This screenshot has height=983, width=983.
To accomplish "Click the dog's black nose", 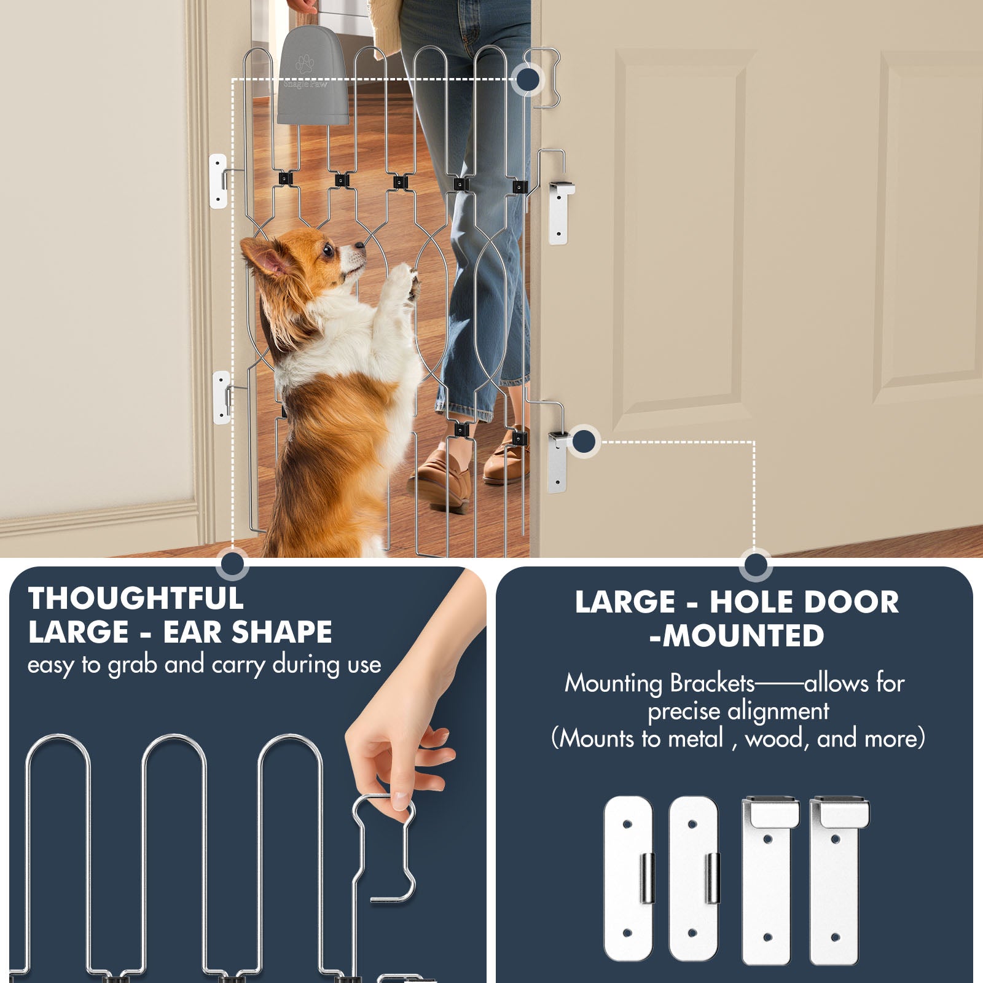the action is pos(361,246).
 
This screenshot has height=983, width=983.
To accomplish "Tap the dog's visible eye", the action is pos(329,249).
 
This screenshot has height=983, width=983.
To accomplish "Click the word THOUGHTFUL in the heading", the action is pos(136,598).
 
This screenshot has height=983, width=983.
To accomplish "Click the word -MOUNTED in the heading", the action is pos(737,635).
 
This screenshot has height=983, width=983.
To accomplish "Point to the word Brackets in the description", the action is pos(712,683).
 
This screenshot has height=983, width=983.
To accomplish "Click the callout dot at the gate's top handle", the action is pos(528,79).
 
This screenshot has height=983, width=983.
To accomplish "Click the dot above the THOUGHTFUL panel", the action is pos(232,564).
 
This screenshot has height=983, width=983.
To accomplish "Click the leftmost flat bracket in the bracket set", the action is pos(629,879).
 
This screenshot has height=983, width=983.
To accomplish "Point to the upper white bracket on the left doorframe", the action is pos(218,181).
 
